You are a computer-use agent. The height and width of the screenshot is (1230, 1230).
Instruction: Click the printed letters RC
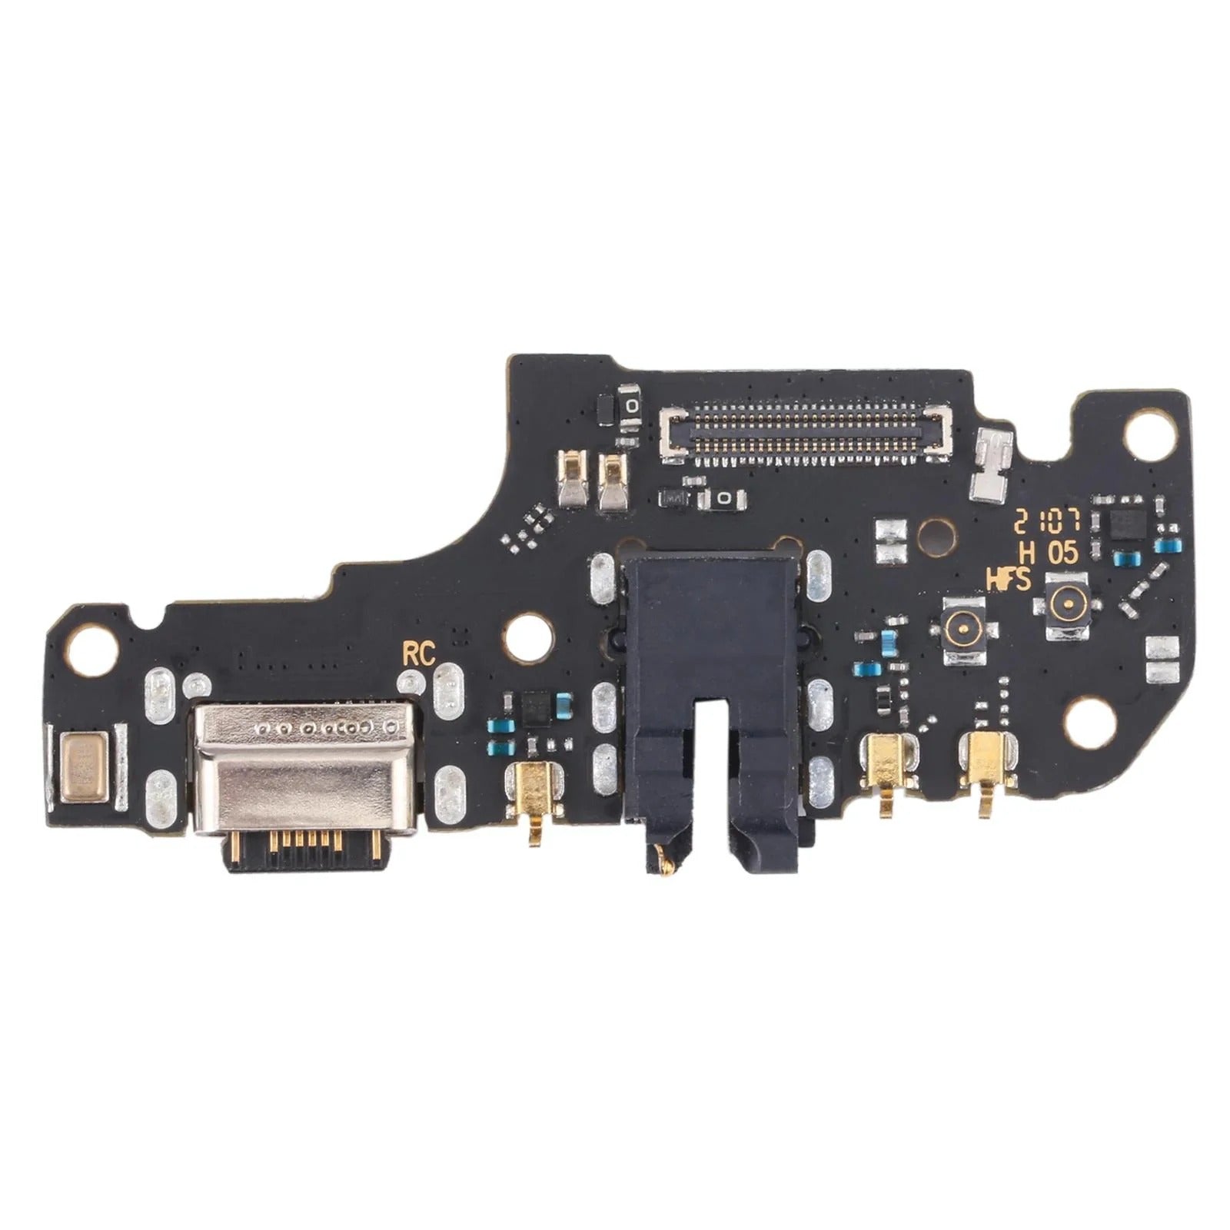(418, 654)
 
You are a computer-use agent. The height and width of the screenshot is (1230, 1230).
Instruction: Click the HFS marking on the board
(1008, 580)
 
